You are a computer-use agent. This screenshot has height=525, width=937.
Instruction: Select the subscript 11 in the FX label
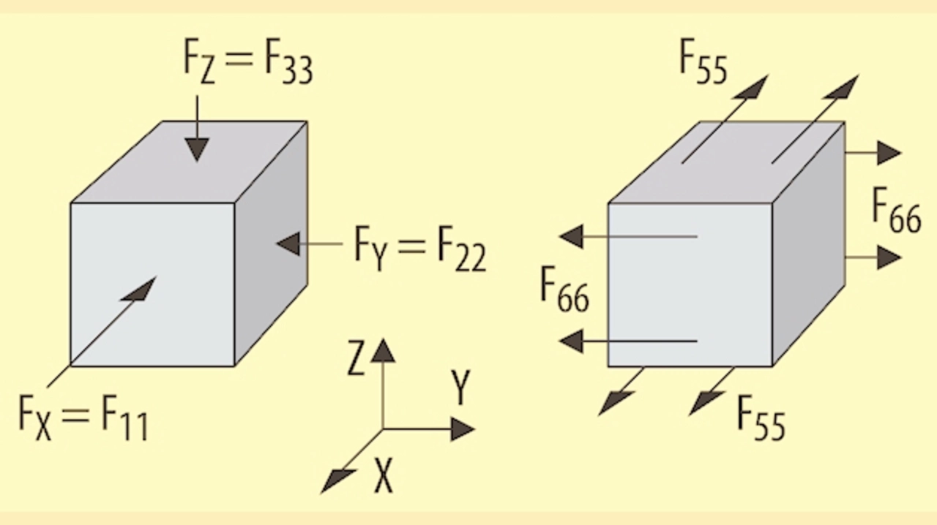[134, 425]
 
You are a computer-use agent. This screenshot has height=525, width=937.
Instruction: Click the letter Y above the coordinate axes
[460, 387]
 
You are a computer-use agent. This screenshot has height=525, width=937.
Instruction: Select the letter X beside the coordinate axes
[383, 477]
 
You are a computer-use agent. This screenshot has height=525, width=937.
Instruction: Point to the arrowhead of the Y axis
[462, 428]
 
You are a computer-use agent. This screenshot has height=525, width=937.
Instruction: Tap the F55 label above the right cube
[703, 62]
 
